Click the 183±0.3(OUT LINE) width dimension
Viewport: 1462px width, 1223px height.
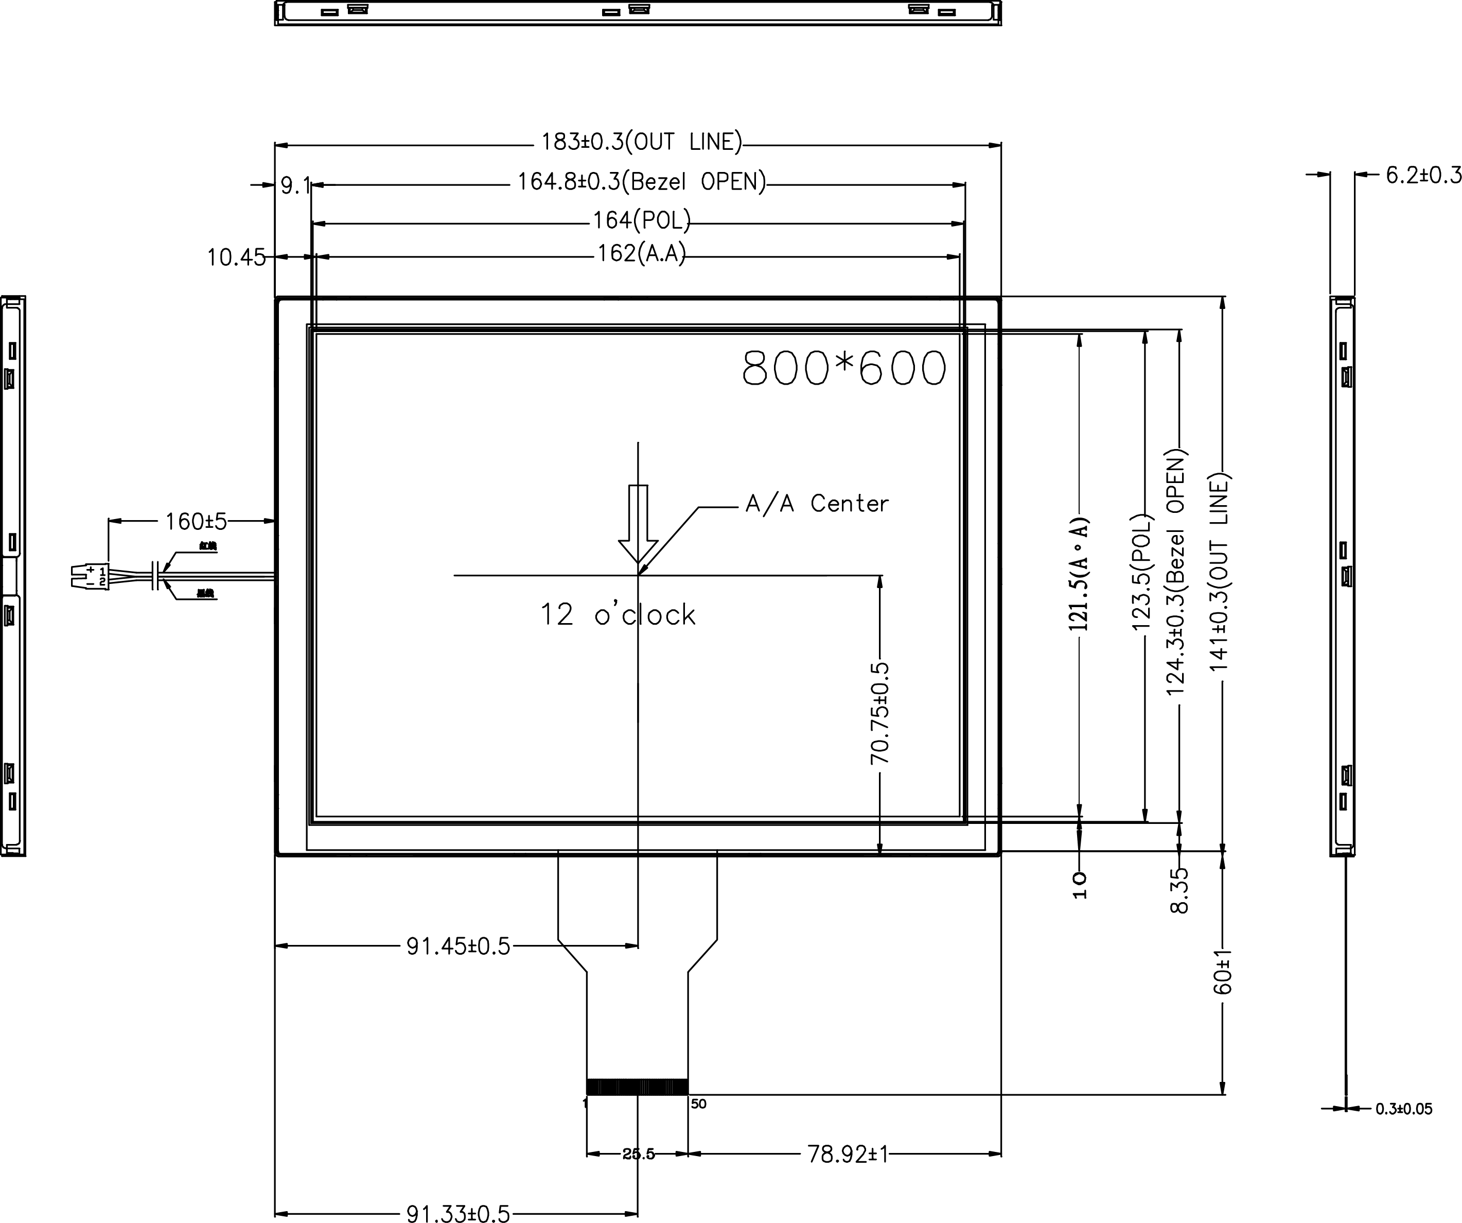pos(641,142)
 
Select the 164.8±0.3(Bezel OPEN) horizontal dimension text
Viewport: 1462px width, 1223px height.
pos(641,182)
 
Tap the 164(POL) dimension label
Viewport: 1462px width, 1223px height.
pos(641,221)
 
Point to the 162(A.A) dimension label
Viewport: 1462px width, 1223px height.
pos(641,253)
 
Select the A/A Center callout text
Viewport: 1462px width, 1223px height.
pos(817,504)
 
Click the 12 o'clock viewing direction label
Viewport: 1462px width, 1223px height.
pos(618,615)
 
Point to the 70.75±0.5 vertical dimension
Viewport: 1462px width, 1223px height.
pos(879,713)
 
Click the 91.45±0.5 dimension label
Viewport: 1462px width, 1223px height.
pos(458,946)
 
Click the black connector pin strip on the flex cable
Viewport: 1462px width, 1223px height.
pos(637,1087)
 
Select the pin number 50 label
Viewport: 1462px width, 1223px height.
pos(698,1104)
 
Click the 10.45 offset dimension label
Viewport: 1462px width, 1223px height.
pos(236,257)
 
